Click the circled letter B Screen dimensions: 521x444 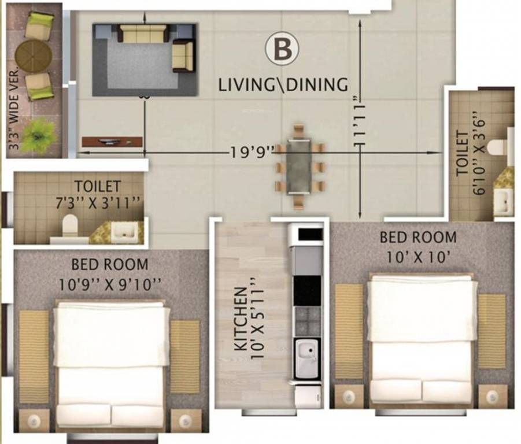(282, 49)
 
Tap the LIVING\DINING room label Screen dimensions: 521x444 (283, 84)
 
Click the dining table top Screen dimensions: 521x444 (298, 166)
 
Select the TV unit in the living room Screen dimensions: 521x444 (112, 142)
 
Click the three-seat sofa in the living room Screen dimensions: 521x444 (144, 33)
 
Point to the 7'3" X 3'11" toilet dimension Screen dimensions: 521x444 (97, 202)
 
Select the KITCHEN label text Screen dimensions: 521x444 (241, 319)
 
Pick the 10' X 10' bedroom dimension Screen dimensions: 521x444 (418, 257)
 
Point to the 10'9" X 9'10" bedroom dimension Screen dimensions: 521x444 (110, 284)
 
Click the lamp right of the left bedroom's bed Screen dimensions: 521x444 (186, 422)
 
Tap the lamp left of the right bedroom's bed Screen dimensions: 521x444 (349, 396)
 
